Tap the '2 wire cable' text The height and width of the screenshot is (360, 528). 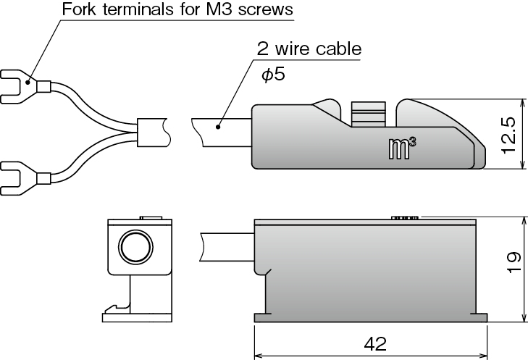[309, 50]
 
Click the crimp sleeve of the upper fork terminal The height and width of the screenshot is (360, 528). [43, 88]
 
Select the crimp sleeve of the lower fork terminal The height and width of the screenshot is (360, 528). [43, 178]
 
